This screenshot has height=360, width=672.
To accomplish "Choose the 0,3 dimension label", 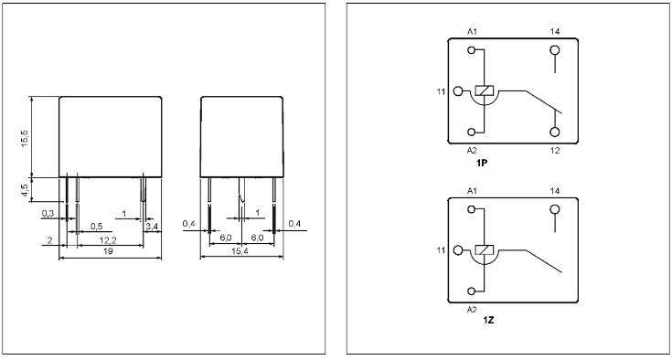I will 47,213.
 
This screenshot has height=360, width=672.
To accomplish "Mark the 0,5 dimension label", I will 95,225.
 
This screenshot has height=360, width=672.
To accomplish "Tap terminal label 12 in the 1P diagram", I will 554,149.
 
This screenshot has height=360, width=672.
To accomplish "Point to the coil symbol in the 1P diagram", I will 485,91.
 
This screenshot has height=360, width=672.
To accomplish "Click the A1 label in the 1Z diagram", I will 473,191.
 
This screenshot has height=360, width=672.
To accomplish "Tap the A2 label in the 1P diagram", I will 473,149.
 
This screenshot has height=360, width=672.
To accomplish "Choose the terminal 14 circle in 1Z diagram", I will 555,210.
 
